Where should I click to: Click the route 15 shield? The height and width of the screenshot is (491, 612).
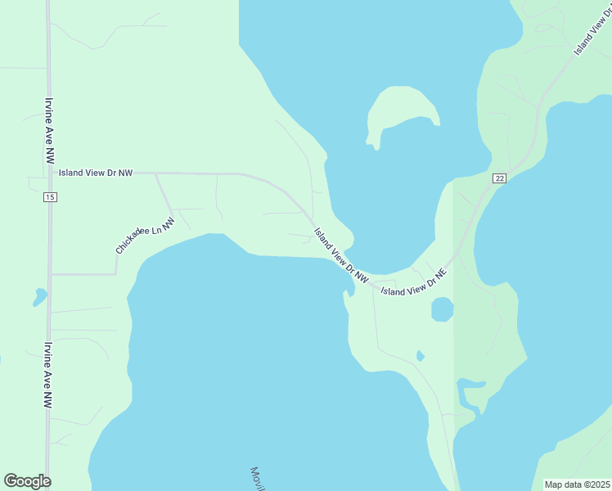[50, 197]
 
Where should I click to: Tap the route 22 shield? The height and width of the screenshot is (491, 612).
[499, 178]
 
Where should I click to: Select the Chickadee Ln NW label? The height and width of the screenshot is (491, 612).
[146, 236]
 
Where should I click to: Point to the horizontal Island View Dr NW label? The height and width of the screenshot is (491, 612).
[95, 173]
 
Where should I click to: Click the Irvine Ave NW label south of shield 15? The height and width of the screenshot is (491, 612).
[49, 375]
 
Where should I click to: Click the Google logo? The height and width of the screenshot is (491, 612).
[27, 481]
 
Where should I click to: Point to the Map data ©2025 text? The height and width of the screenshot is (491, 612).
[578, 484]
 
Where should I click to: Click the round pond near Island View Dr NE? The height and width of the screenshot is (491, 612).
[442, 309]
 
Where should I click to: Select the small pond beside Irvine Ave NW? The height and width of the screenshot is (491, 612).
[39, 296]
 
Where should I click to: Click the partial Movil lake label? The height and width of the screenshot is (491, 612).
[259, 479]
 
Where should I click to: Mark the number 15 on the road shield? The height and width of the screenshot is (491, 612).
[50, 197]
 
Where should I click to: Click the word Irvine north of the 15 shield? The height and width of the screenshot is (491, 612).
[50, 109]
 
